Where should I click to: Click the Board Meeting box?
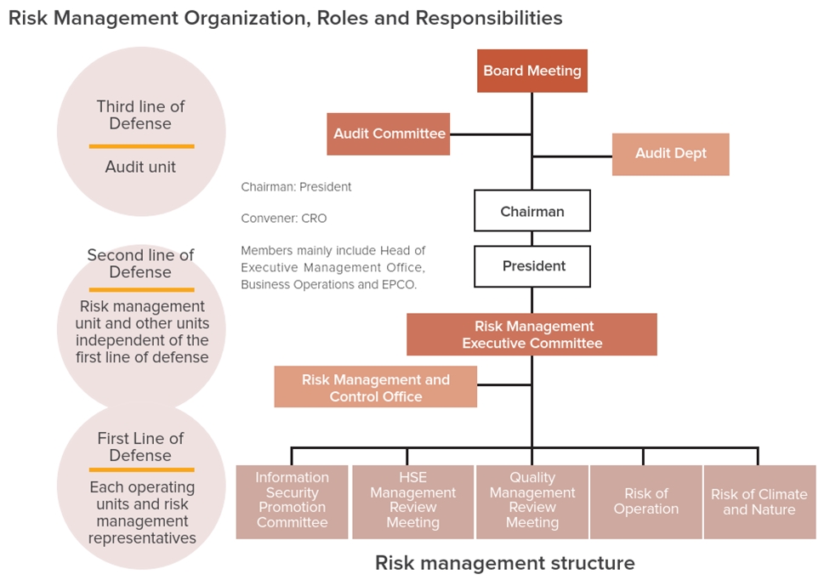532,71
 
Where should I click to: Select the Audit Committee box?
389,134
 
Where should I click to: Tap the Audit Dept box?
671,154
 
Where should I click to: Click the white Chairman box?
532,211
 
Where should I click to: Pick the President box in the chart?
532,266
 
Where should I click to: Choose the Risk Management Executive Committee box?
532,334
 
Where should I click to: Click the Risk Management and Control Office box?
375,387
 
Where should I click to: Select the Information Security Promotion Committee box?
293,502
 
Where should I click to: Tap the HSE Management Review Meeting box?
413,502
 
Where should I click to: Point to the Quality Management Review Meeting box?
532,502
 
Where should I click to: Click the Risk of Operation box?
646,502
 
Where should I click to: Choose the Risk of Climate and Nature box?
759,502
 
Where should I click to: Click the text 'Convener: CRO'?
284,218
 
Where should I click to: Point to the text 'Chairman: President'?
296,187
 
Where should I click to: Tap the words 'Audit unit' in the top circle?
140,167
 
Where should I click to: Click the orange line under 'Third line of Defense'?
141,146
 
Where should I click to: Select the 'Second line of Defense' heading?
140,263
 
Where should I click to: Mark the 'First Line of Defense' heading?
140,447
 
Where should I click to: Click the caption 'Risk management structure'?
504,563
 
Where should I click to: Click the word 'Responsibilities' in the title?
489,19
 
